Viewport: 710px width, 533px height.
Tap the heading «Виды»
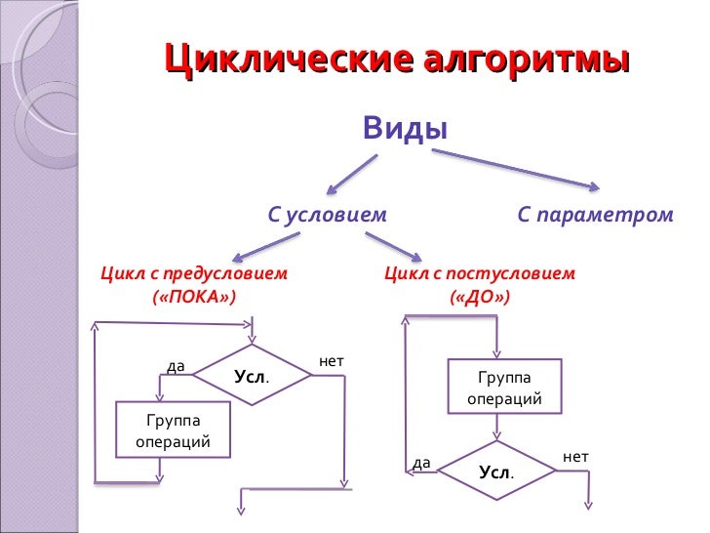405,128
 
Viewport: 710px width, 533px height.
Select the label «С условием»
328,214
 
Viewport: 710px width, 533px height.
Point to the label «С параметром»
595,214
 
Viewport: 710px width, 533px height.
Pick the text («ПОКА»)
194,295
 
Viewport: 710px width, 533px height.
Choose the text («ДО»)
479,295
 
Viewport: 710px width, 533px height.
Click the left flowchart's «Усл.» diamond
251,376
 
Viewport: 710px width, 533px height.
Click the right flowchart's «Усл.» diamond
495,471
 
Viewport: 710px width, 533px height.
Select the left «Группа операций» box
174,430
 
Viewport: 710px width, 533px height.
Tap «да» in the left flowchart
176,366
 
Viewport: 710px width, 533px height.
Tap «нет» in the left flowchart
332,361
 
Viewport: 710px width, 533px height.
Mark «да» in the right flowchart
421,462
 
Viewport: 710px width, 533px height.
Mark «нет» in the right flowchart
575,456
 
